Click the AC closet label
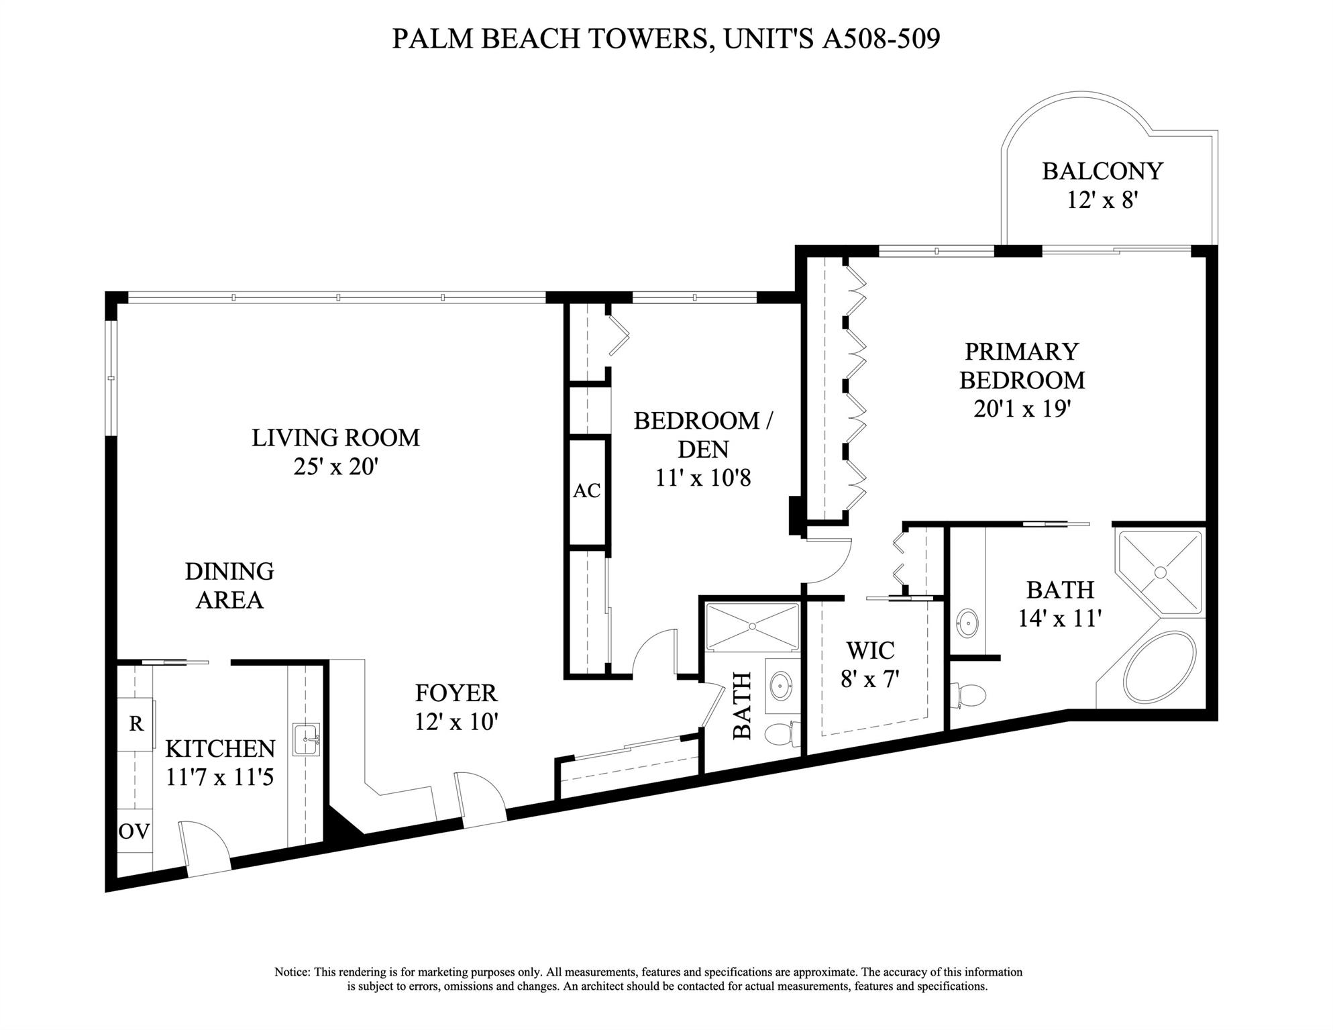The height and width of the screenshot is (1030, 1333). tap(586, 491)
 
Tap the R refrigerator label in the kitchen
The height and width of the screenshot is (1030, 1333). tap(136, 724)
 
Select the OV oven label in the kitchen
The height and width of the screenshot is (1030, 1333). tap(134, 831)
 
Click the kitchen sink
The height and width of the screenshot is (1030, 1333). tap(307, 739)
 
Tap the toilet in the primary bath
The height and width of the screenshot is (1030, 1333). tap(968, 695)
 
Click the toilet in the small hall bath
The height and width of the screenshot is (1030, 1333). tap(782, 733)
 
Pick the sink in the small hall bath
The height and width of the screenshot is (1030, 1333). tap(780, 686)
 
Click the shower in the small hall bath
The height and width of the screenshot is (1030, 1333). tap(753, 627)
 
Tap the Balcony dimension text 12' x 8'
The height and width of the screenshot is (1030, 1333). tap(1102, 200)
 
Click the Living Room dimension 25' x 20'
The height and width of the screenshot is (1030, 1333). tap(336, 466)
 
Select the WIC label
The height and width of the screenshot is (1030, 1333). tap(870, 650)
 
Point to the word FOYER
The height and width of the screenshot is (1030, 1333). tap(456, 692)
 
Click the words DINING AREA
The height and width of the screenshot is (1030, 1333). tap(229, 586)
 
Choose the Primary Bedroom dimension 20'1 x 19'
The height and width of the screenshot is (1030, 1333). tap(1022, 409)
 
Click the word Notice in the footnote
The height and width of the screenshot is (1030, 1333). tap(292, 972)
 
